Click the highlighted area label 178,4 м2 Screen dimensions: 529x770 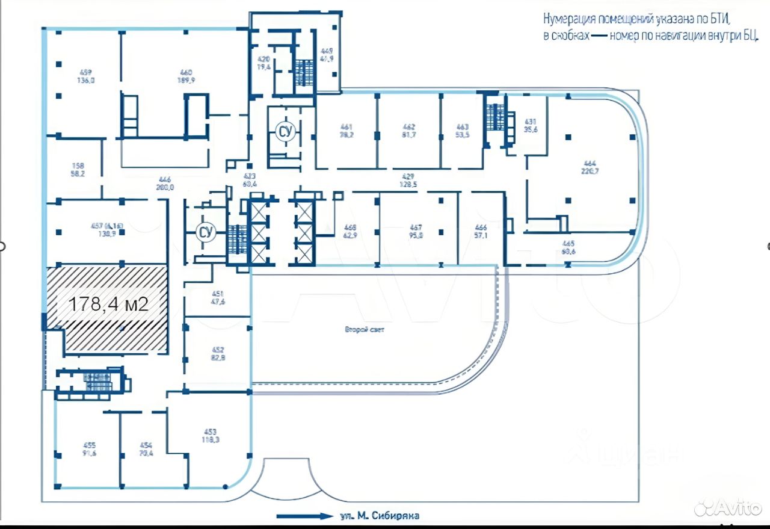(x=109, y=304)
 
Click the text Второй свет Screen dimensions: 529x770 (x=365, y=330)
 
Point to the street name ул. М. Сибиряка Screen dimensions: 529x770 (x=379, y=516)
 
